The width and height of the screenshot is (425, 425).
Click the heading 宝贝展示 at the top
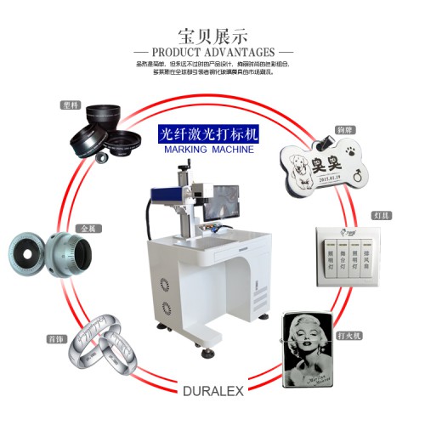[x=212, y=37]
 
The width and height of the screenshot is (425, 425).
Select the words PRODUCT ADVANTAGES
[x=212, y=52]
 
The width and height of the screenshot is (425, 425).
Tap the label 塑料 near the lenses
[x=70, y=106]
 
